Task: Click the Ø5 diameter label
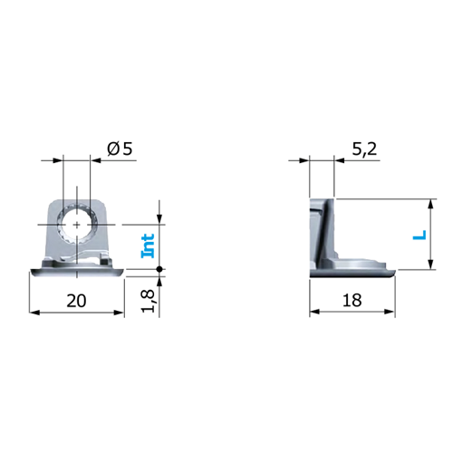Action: [x=120, y=149]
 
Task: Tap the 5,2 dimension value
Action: [x=364, y=149]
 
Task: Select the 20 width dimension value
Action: [x=76, y=301]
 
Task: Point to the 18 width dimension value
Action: [x=352, y=301]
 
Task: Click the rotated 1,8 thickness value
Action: [x=149, y=301]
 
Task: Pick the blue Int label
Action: [x=148, y=246]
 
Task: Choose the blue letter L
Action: [x=419, y=235]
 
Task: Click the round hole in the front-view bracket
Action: [x=77, y=225]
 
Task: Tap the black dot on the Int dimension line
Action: [x=159, y=269]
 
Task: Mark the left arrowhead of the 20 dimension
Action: [x=34, y=313]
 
